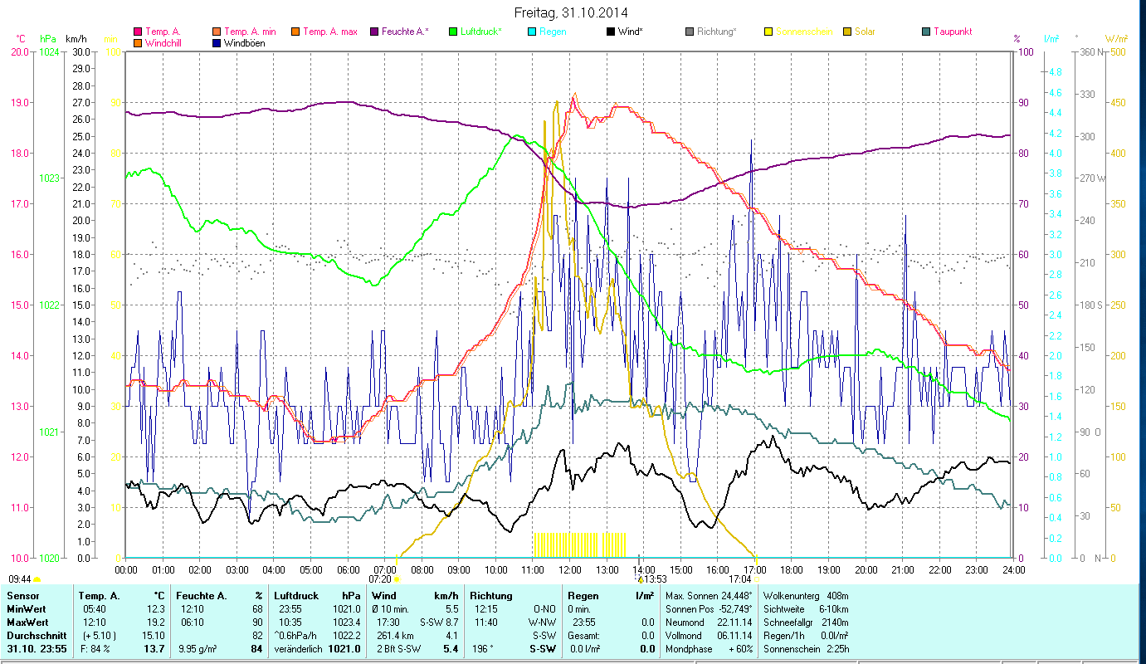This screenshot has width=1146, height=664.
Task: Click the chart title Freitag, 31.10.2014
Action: click(x=571, y=12)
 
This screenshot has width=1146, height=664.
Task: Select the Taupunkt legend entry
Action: click(x=952, y=32)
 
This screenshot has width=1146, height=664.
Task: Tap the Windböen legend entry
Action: click(x=245, y=43)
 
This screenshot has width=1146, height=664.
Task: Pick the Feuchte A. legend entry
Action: click(x=405, y=32)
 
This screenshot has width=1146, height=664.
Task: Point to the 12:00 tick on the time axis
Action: click(x=571, y=569)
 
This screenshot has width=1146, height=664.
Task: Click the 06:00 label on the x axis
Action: click(x=349, y=569)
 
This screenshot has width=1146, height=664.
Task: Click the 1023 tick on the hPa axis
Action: click(x=49, y=178)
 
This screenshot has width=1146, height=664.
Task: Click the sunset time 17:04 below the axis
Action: click(x=740, y=579)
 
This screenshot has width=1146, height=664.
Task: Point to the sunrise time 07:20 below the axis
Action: click(x=380, y=579)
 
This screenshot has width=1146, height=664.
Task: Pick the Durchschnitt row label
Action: click(x=37, y=635)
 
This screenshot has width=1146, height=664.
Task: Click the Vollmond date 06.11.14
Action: click(x=735, y=635)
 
